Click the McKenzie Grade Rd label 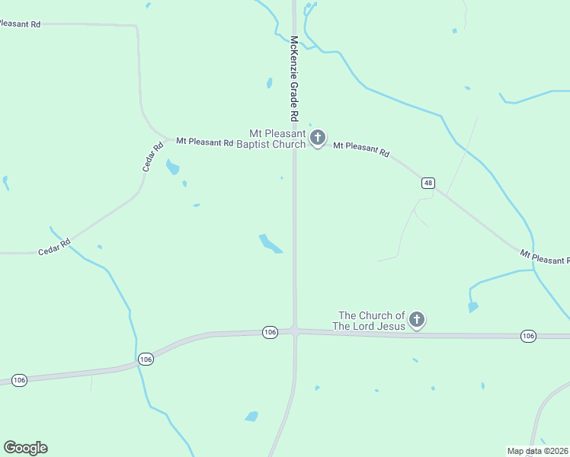[x=293, y=79]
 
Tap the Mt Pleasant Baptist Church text [x=271, y=138]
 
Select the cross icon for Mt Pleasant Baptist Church [x=318, y=138]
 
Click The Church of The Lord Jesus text [x=372, y=321]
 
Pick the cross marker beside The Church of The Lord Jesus [x=416, y=320]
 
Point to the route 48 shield [x=429, y=183]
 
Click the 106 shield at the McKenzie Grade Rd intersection [x=270, y=332]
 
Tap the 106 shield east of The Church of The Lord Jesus [x=528, y=336]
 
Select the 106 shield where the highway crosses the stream [x=146, y=359]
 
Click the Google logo [x=25, y=448]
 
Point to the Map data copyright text [x=538, y=451]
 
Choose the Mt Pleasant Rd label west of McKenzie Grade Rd [x=204, y=142]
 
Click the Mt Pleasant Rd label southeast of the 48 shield [x=545, y=257]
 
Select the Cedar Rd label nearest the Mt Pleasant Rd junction [x=153, y=157]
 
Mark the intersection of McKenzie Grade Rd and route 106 [x=295, y=331]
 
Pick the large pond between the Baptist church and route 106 [x=269, y=244]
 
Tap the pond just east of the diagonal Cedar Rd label [x=173, y=167]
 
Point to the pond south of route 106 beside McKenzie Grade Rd [x=251, y=417]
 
